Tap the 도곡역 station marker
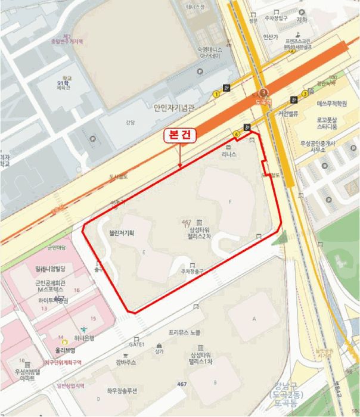[x=263, y=94]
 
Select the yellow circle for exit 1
[x=216, y=94]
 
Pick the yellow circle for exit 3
[x=305, y=94]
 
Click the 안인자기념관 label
[x=174, y=108]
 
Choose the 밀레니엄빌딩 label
[x=53, y=270]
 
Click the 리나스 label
[x=229, y=154]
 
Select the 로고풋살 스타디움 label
[x=327, y=123]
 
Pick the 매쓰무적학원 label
[x=327, y=103]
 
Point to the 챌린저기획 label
[x=118, y=234]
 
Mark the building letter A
[x=255, y=319]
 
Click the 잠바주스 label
[x=126, y=362]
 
